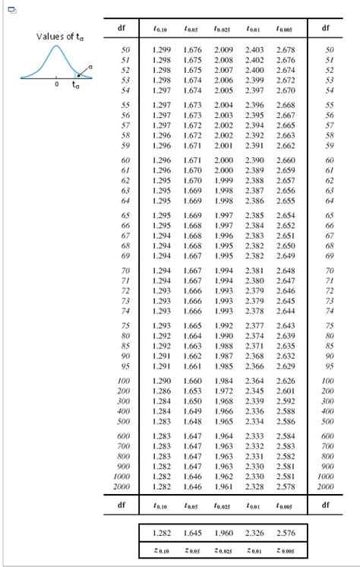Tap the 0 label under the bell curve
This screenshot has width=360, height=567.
click(x=55, y=84)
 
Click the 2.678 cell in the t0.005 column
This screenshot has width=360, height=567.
click(x=286, y=49)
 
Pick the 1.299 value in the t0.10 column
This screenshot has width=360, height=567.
click(x=161, y=49)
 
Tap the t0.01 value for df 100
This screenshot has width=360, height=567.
click(x=255, y=381)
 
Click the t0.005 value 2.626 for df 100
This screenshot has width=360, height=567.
click(x=286, y=381)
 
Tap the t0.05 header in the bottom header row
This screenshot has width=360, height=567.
click(x=191, y=504)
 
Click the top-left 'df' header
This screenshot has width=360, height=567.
click(x=122, y=28)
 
